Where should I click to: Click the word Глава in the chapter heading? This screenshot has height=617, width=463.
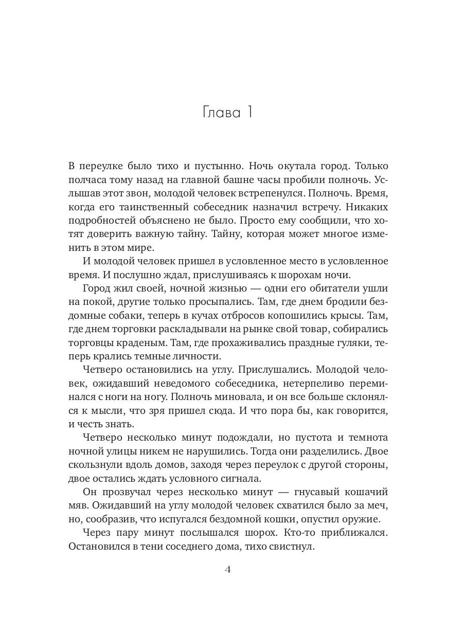pyautogui.click(x=216, y=112)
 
